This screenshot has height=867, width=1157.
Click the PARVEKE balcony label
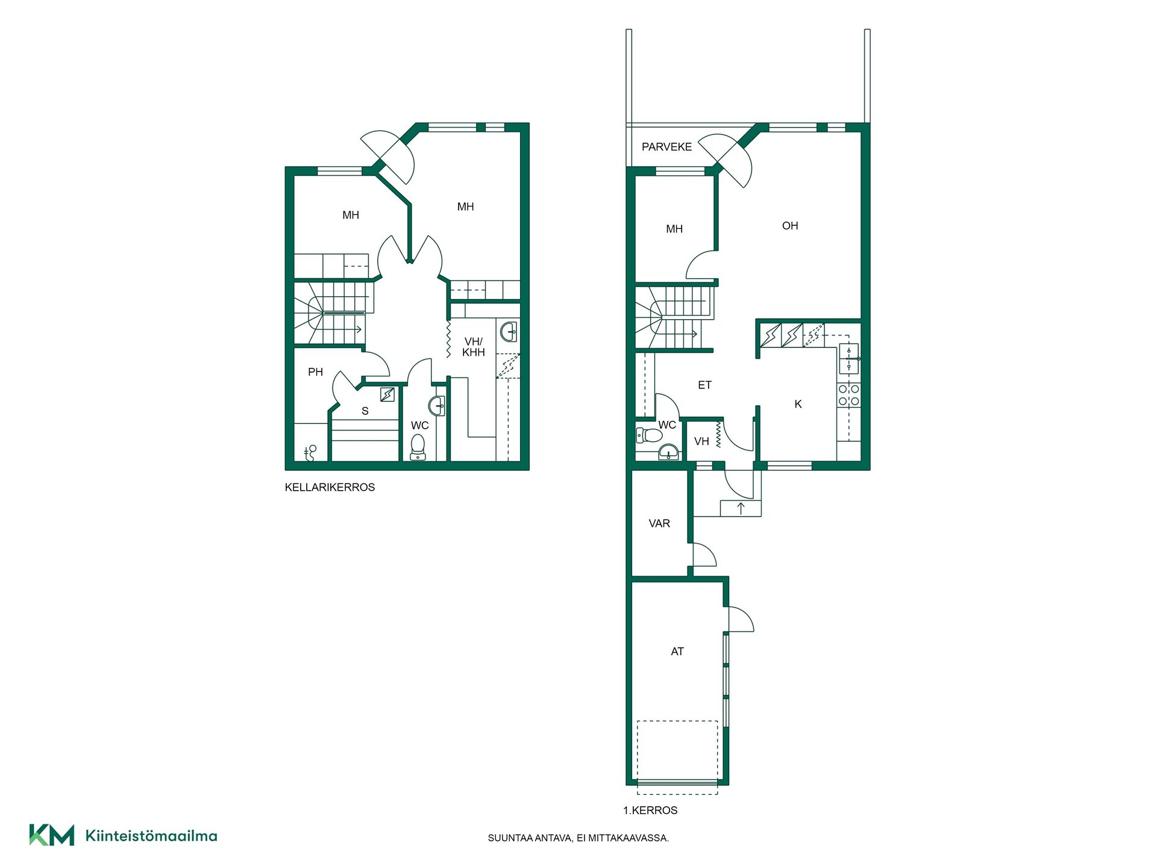[666, 147]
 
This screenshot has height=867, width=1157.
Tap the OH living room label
[790, 226]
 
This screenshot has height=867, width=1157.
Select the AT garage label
[677, 651]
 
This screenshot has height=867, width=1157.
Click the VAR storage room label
[659, 524]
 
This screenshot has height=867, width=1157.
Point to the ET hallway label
[704, 385]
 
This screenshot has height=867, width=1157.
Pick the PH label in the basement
[315, 372]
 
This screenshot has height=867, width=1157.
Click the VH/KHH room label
[474, 347]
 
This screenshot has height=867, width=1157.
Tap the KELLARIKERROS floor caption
[330, 487]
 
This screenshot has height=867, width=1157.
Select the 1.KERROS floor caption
[650, 810]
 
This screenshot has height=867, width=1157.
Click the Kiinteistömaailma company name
[151, 836]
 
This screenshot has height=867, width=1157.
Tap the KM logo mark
[52, 835]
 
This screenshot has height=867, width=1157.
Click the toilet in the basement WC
[418, 447]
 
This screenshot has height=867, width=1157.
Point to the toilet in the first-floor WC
[648, 435]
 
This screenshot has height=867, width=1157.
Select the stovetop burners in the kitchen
[848, 395]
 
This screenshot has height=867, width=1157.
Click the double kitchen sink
[848, 359]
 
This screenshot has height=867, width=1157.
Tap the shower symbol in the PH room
[310, 453]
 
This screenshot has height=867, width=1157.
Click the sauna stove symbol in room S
[387, 394]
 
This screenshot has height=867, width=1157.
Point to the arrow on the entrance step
[741, 508]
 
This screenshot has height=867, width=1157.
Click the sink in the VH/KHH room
[509, 332]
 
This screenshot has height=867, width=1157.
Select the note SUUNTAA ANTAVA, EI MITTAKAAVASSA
[578, 838]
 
